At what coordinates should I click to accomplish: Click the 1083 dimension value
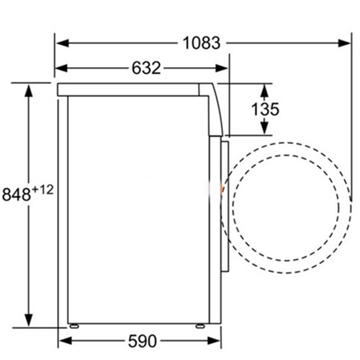pos(202,43)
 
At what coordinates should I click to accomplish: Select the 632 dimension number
pos(146,68)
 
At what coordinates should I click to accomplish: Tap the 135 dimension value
pos(265,109)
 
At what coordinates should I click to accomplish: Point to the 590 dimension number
pos(143,341)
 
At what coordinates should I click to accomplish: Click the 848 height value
pos(17,194)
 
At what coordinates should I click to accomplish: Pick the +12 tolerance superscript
pos(42,190)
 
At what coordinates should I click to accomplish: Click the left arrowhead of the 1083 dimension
pos(63,43)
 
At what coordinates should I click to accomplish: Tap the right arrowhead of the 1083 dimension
pos(343,43)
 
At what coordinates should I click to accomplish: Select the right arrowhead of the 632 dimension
pos(221,68)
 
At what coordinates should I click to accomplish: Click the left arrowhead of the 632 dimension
pos(61,68)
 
